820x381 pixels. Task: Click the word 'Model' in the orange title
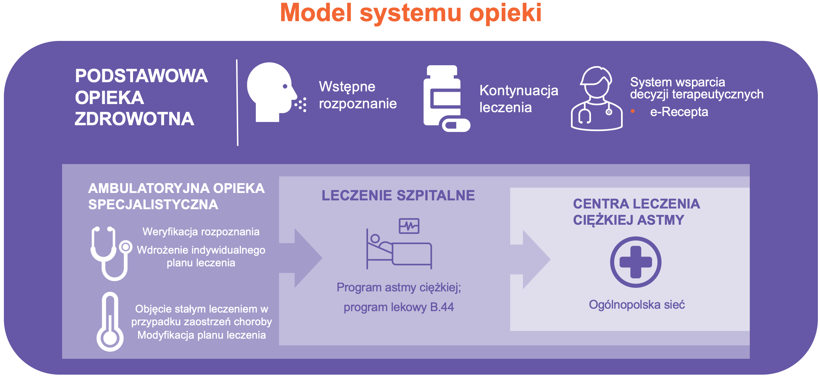(316, 13)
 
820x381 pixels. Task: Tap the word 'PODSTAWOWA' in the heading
(141, 76)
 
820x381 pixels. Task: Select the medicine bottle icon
(447, 98)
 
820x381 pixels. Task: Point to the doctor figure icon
(597, 98)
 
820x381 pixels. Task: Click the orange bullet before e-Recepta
(633, 111)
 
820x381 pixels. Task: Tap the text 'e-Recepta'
(679, 112)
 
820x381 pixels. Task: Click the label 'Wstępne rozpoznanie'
(358, 95)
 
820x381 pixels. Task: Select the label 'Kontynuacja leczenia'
(519, 99)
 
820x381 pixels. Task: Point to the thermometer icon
(110, 321)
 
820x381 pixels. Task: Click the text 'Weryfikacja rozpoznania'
(201, 232)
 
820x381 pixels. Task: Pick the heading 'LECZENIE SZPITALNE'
(398, 195)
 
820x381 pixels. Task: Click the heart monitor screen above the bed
(409, 226)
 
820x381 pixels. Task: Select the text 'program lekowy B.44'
(399, 307)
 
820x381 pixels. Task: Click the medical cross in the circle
(636, 262)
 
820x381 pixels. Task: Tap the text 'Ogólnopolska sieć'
(637, 304)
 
